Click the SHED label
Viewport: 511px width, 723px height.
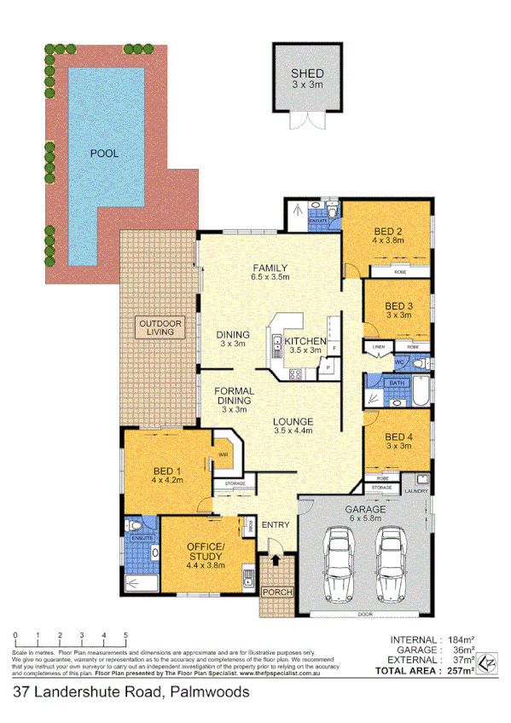pos(307,73)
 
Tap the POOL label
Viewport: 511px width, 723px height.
pos(105,154)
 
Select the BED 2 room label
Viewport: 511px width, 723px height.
pos(388,231)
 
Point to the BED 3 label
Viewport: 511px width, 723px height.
pos(398,305)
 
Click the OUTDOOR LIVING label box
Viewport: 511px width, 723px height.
pos(160,327)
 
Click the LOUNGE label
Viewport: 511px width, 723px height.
pos(293,421)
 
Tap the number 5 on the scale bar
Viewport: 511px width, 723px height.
pos(125,635)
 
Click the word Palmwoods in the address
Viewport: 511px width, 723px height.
pos(209,692)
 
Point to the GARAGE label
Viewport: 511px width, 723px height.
pos(365,510)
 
